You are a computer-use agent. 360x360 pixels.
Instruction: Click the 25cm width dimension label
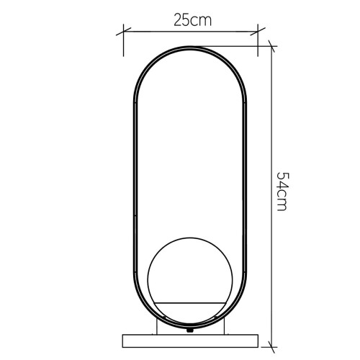click(192, 20)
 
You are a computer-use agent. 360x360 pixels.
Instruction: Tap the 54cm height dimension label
click(282, 192)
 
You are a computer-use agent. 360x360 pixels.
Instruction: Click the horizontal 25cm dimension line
click(192, 32)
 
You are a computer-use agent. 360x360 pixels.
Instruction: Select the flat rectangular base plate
click(191, 338)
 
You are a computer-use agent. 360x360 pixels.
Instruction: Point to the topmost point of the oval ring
click(191, 48)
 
